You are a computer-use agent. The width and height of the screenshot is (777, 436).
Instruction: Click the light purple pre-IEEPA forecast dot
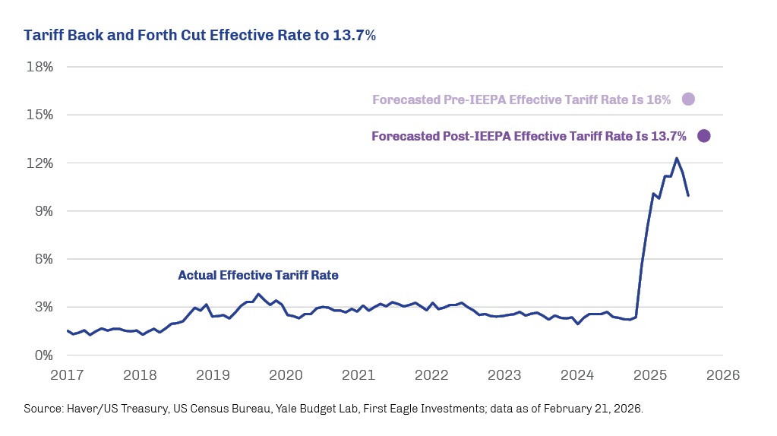coord(689,99)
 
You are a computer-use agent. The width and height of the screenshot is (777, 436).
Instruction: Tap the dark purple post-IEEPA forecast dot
coord(703,136)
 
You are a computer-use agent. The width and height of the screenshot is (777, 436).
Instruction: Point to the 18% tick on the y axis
coord(39,67)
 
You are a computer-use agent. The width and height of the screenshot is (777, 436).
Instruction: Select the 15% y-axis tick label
coord(39,115)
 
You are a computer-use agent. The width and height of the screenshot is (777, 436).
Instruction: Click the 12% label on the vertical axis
coord(39,163)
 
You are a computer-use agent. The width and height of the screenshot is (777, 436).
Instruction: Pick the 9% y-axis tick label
coord(43,211)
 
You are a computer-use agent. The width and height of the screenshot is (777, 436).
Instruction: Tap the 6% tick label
coord(43,259)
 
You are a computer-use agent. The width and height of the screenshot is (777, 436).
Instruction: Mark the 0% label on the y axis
coord(43,355)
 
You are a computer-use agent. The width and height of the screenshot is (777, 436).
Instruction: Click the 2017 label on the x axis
coord(67,374)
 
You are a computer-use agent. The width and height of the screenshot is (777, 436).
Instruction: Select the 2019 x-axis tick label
coord(213,374)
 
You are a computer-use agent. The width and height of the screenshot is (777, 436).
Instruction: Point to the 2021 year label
coord(358,374)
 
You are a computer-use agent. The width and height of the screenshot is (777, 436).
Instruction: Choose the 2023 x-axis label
coord(504,374)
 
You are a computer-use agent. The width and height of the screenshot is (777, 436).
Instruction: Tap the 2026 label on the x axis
coord(723,374)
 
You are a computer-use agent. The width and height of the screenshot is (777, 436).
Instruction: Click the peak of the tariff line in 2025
coord(676,158)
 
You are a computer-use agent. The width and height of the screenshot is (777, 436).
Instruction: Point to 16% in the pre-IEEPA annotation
coord(660,100)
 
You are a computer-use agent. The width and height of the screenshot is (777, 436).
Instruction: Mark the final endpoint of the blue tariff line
coord(688,196)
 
